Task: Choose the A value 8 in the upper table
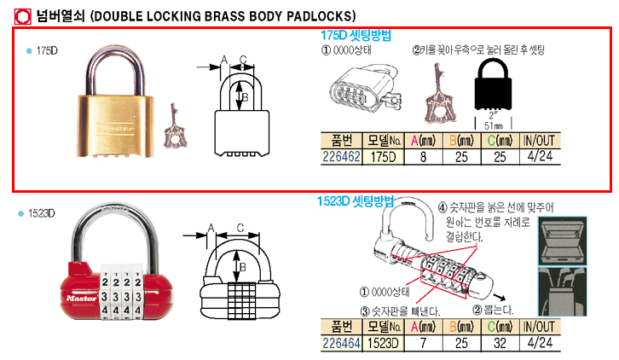coord(419,157)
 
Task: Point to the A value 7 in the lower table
coord(419,342)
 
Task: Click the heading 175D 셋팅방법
coord(356,36)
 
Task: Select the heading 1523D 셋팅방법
coord(356,202)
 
